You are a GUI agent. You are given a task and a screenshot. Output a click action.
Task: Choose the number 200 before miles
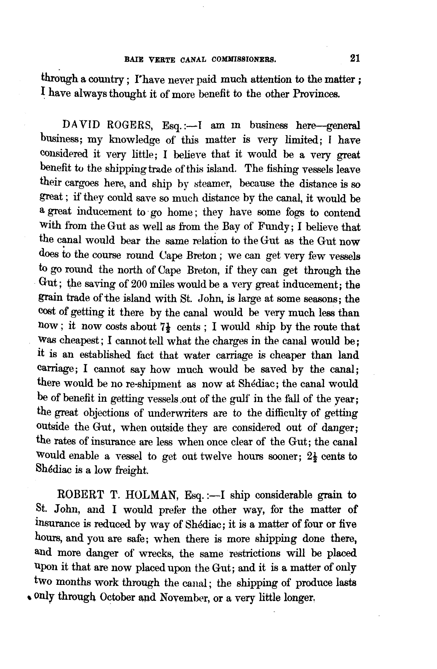[140, 284]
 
